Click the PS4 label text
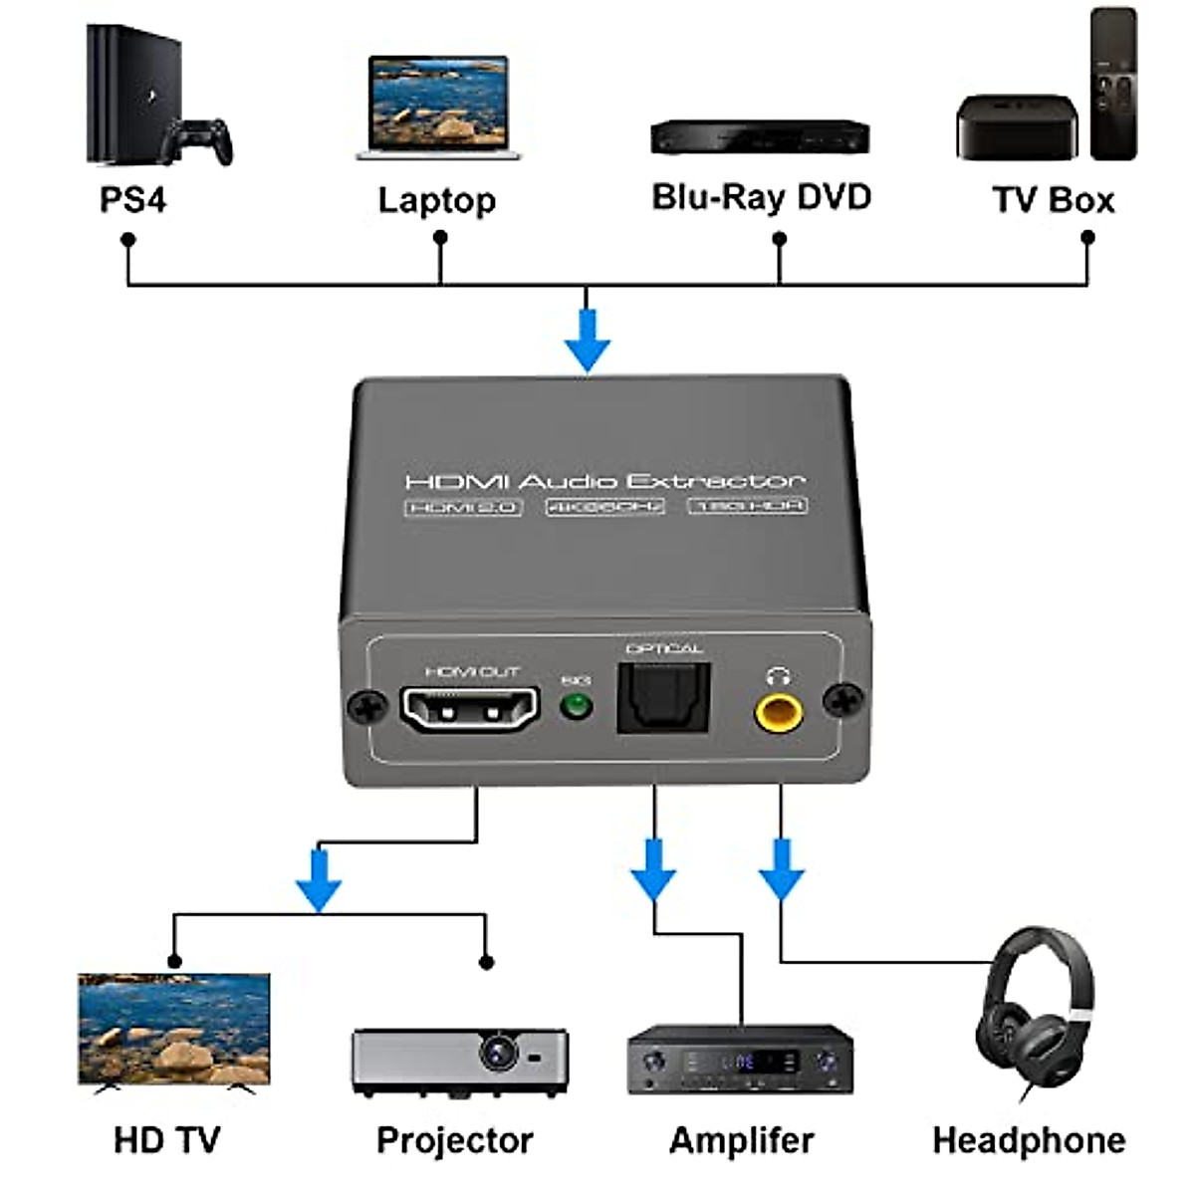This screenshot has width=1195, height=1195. coord(132,200)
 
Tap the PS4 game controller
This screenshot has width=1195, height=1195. coord(198,141)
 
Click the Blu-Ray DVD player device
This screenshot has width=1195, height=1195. coord(760,136)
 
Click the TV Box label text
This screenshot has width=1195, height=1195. coord(1053,200)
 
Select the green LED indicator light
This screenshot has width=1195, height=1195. coord(576,708)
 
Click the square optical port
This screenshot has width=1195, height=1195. coord(662,700)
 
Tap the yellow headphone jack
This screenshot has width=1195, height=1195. coord(779,711)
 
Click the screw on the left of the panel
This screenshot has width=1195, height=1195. coord(366,707)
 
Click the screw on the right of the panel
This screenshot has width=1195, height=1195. coord(843,700)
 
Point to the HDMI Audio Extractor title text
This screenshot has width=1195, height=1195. coord(604,482)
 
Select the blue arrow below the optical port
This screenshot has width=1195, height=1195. coord(653,869)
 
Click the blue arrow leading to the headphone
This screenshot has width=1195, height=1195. coord(782,869)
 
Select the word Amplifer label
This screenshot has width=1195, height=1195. coord(741,1140)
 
